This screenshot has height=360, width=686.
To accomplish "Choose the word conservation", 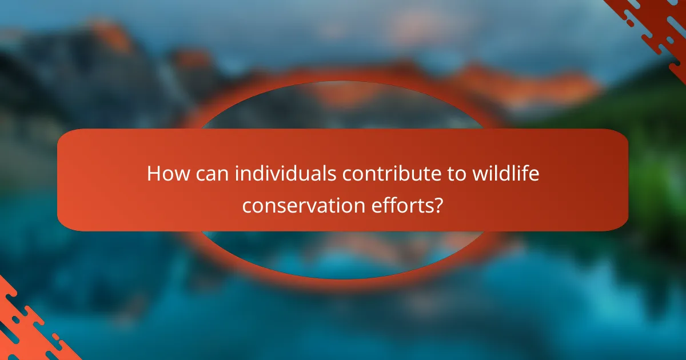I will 301,205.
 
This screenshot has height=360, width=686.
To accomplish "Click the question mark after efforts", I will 437,205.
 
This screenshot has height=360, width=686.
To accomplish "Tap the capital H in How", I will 153,174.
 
